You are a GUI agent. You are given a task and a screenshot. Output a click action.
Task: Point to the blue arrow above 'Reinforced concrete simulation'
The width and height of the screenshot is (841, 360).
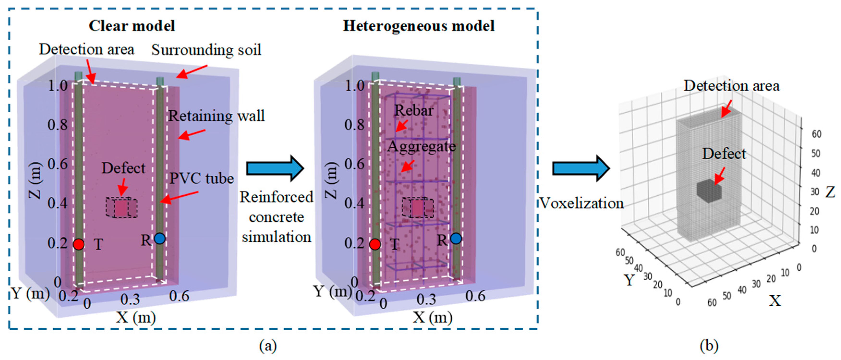[x=275, y=168]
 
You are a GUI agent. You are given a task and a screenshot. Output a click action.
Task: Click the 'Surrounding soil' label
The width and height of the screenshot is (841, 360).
[x=206, y=50]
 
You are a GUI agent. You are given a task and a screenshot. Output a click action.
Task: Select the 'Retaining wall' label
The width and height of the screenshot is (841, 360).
[x=216, y=116]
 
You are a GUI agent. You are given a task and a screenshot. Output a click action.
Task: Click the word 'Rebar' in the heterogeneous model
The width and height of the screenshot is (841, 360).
[x=414, y=110]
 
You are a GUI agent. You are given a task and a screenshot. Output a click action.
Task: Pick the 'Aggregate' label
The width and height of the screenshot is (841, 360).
[x=421, y=146]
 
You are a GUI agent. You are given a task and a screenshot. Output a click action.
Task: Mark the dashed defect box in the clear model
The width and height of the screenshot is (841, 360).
[x=121, y=208]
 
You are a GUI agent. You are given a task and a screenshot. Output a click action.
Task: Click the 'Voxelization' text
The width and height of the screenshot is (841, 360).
[x=581, y=203]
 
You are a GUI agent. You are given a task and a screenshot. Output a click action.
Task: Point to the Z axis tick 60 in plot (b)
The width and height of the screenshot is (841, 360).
[x=817, y=134]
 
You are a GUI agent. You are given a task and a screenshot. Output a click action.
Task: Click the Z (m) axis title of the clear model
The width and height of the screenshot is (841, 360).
[x=35, y=180]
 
